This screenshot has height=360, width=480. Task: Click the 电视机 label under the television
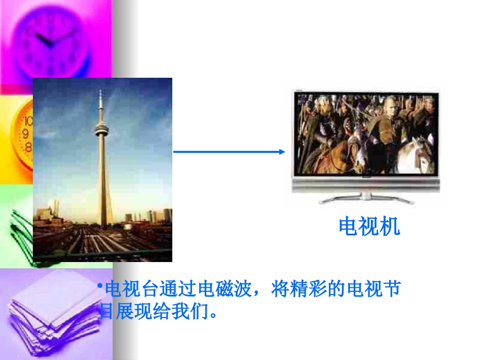click(x=369, y=227)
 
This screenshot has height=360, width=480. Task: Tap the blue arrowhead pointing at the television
click(x=282, y=151)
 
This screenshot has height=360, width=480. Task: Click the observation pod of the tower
click(x=102, y=130)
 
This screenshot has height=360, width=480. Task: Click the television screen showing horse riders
click(x=365, y=134)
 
